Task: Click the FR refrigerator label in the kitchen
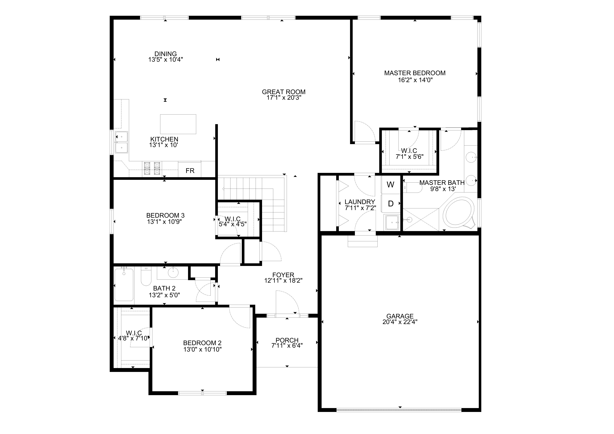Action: click(190, 171)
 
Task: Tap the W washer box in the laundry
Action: click(390, 185)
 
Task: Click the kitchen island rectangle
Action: click(178, 124)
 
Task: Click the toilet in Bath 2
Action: click(146, 277)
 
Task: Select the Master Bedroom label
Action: click(415, 73)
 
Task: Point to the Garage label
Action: click(400, 316)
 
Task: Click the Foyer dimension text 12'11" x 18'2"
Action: click(283, 281)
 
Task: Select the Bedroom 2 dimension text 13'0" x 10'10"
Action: click(202, 349)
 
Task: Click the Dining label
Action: click(166, 54)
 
